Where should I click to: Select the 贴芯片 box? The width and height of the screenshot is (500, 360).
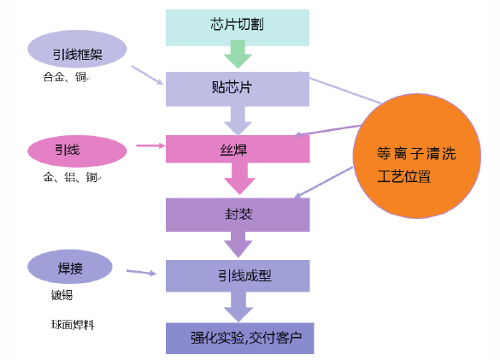pos(237,88)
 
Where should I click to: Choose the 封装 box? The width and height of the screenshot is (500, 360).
pos(237,214)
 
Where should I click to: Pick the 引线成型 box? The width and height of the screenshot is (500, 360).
pos(237,275)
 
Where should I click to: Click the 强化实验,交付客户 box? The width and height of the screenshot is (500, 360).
pos(239,337)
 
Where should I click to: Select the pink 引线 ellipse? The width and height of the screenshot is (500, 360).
pos(77,150)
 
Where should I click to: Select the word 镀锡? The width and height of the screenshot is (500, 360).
pos(62,296)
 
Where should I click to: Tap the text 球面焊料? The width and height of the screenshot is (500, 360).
pos(72,325)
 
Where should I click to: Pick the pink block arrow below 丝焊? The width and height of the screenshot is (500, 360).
pos(239,180)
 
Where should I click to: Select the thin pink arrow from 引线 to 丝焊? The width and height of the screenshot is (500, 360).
pos(150,146)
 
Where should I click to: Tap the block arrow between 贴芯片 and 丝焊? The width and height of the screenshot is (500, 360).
pos(237,118)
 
